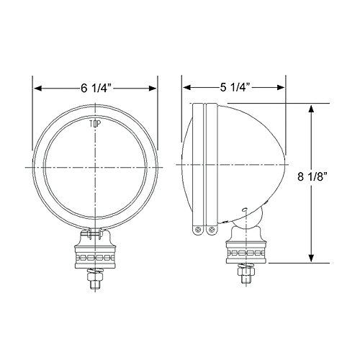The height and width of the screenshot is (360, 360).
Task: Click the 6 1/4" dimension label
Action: pyautogui.click(x=96, y=89)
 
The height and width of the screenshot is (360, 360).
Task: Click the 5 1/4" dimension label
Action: pyautogui.click(x=235, y=87)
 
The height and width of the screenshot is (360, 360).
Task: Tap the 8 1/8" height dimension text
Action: pyautogui.click(x=313, y=177)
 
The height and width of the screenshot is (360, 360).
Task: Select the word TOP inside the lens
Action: pyautogui.click(x=95, y=124)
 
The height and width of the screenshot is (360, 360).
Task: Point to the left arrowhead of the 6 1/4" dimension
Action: pyautogui.click(x=38, y=89)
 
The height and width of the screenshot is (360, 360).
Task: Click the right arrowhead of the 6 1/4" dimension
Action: pyautogui.click(x=153, y=89)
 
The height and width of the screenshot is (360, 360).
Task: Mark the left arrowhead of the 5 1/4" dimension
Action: pyautogui.click(x=187, y=87)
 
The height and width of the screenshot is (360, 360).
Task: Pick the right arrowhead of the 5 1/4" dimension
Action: pyautogui.click(x=281, y=87)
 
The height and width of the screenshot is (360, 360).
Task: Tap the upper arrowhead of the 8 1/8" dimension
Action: pyautogui.click(x=311, y=109)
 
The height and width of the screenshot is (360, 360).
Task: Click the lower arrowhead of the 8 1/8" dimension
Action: pyautogui.click(x=311, y=258)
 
